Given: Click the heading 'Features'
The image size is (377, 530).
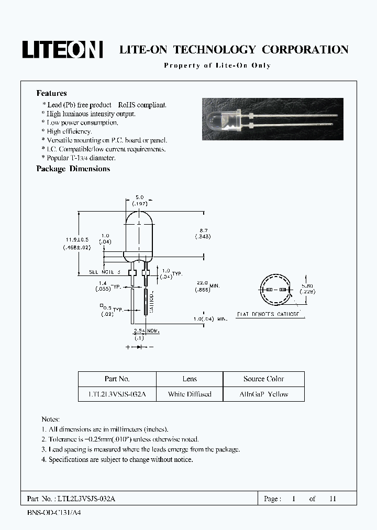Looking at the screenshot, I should (51, 93).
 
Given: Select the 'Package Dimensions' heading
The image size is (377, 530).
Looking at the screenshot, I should (73, 169).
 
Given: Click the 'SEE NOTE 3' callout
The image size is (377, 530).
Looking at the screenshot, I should (105, 272).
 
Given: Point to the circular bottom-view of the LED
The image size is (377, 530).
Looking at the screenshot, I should (275, 290).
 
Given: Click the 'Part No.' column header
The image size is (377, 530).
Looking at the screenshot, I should (117, 379).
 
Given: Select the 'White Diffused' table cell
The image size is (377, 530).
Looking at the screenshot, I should (190, 394).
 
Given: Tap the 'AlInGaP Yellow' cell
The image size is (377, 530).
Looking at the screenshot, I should (264, 394).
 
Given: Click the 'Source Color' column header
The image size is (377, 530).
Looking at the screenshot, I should (264, 379).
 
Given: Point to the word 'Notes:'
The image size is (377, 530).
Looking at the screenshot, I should (51, 419).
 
